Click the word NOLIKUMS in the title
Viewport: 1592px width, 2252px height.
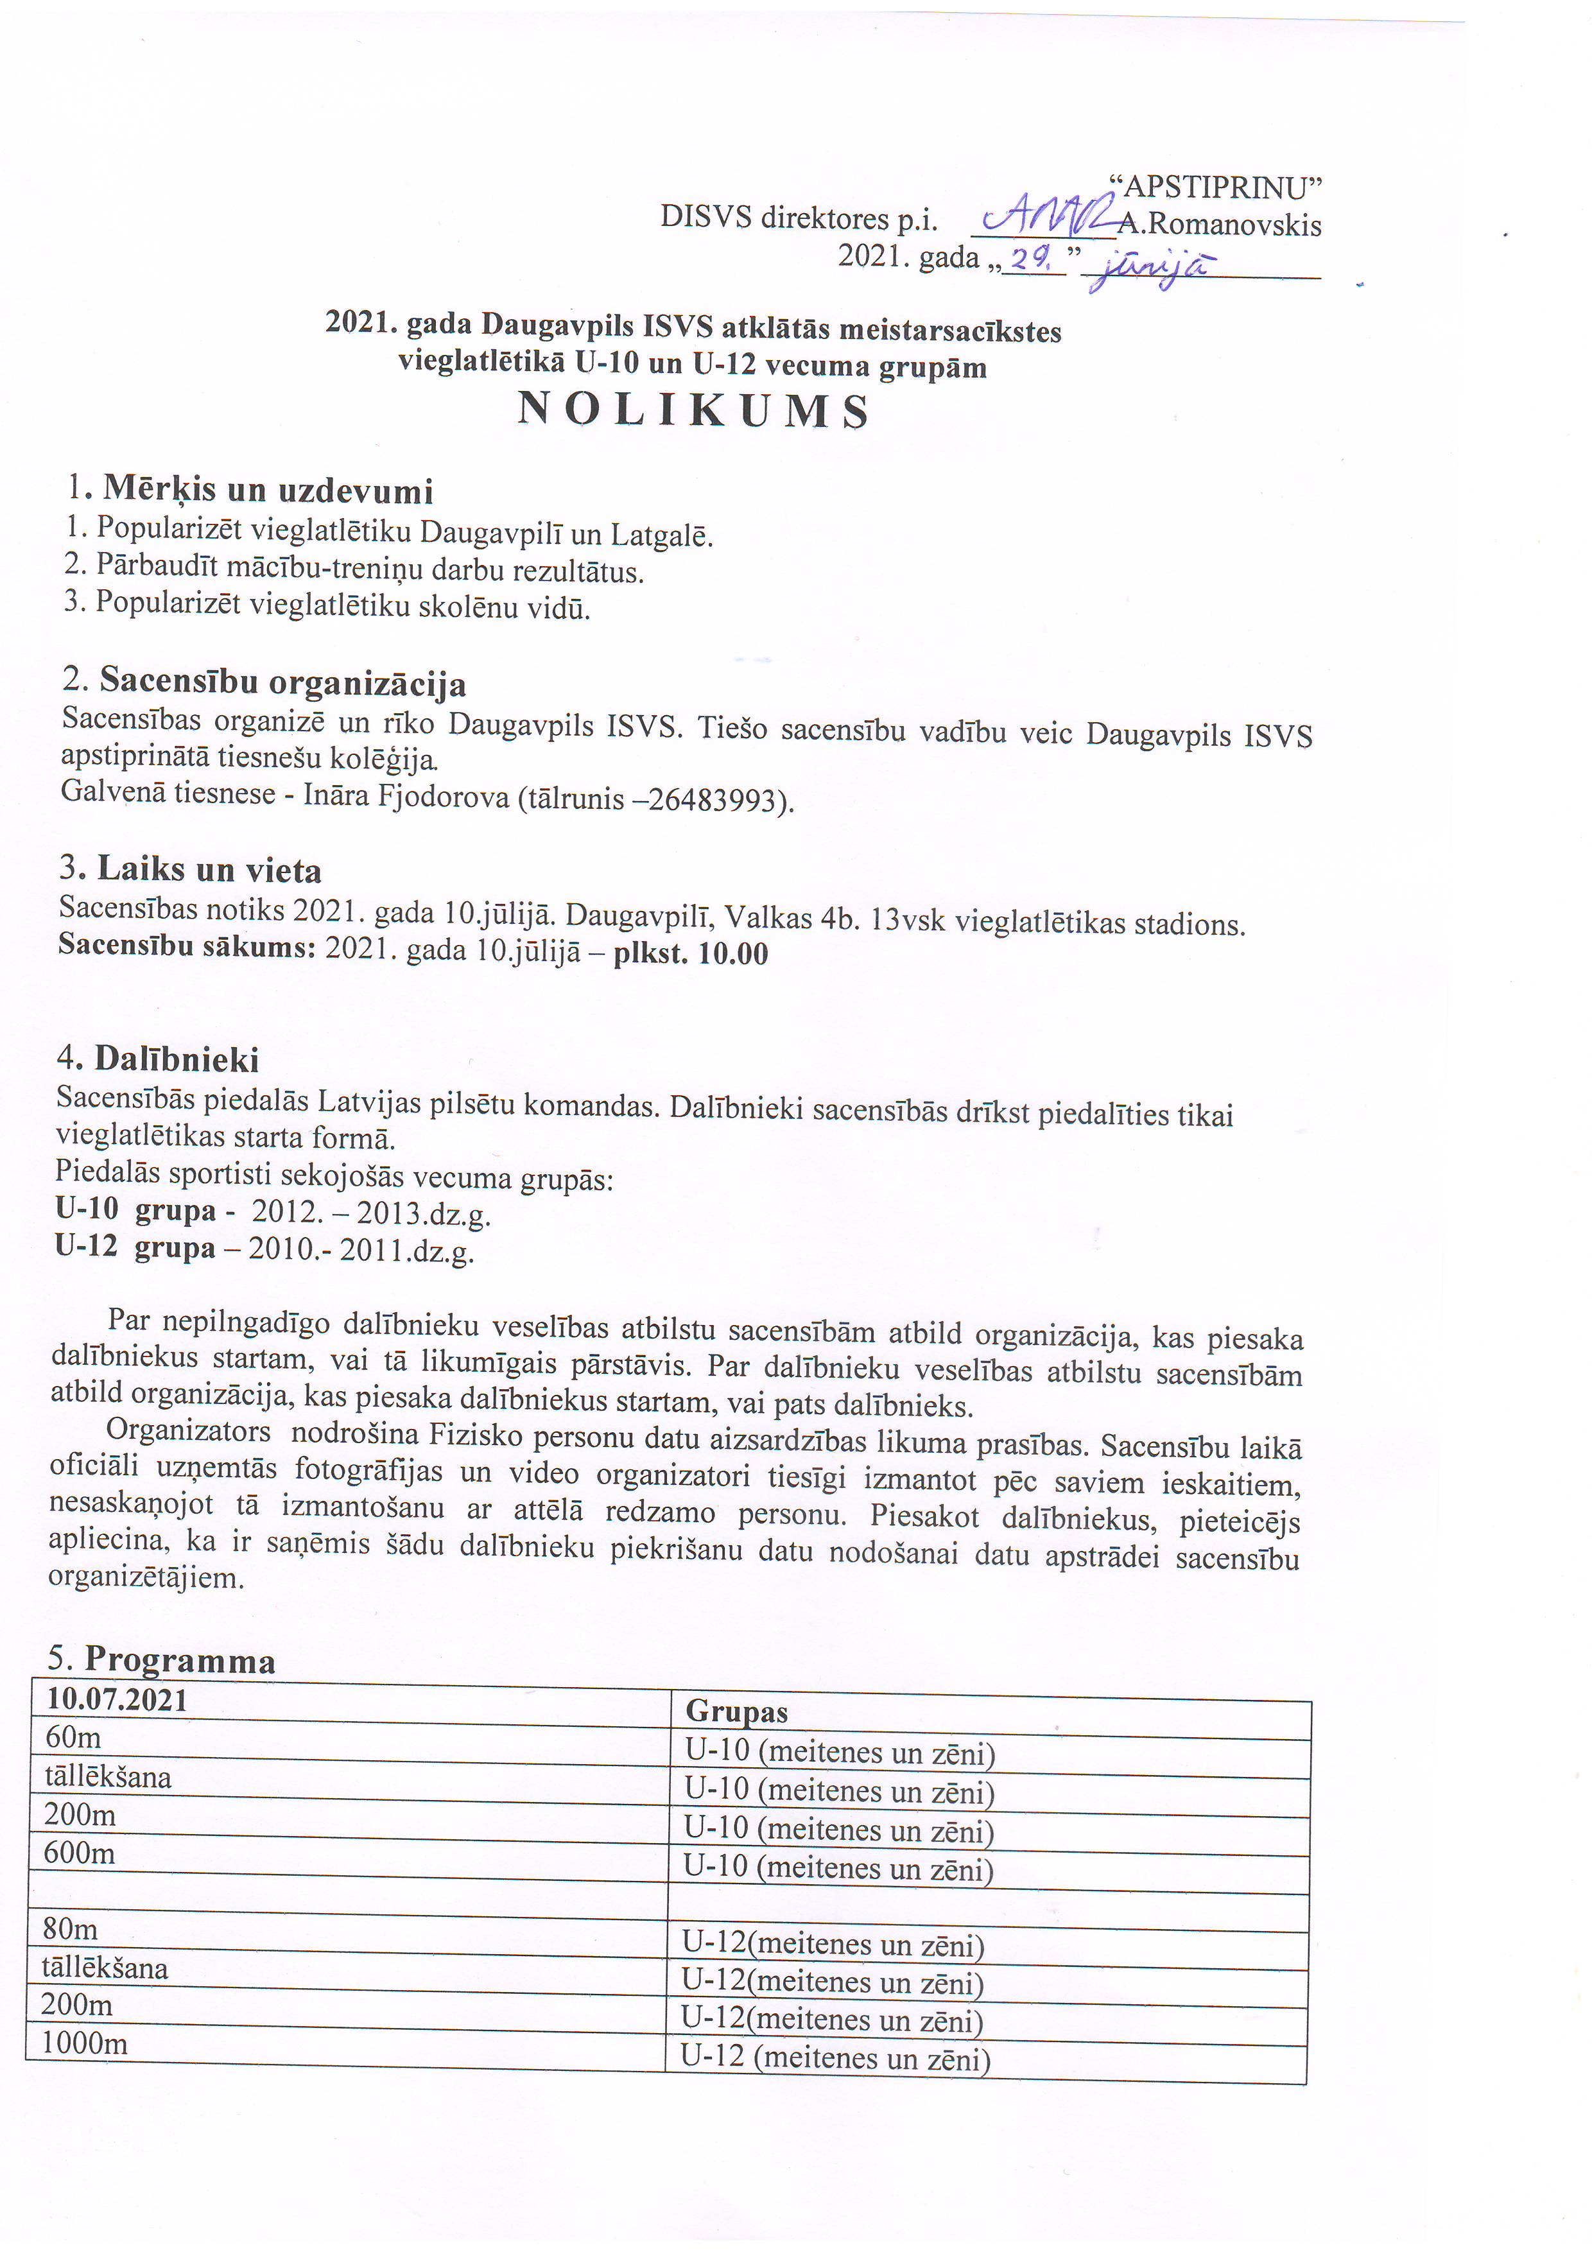click(693, 410)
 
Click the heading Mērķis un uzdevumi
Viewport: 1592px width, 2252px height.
click(268, 489)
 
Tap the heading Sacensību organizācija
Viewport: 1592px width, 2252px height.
click(282, 682)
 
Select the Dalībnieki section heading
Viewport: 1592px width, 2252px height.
click(177, 1059)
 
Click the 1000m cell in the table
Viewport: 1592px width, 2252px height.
click(84, 2044)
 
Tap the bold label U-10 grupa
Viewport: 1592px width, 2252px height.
click(135, 1210)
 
